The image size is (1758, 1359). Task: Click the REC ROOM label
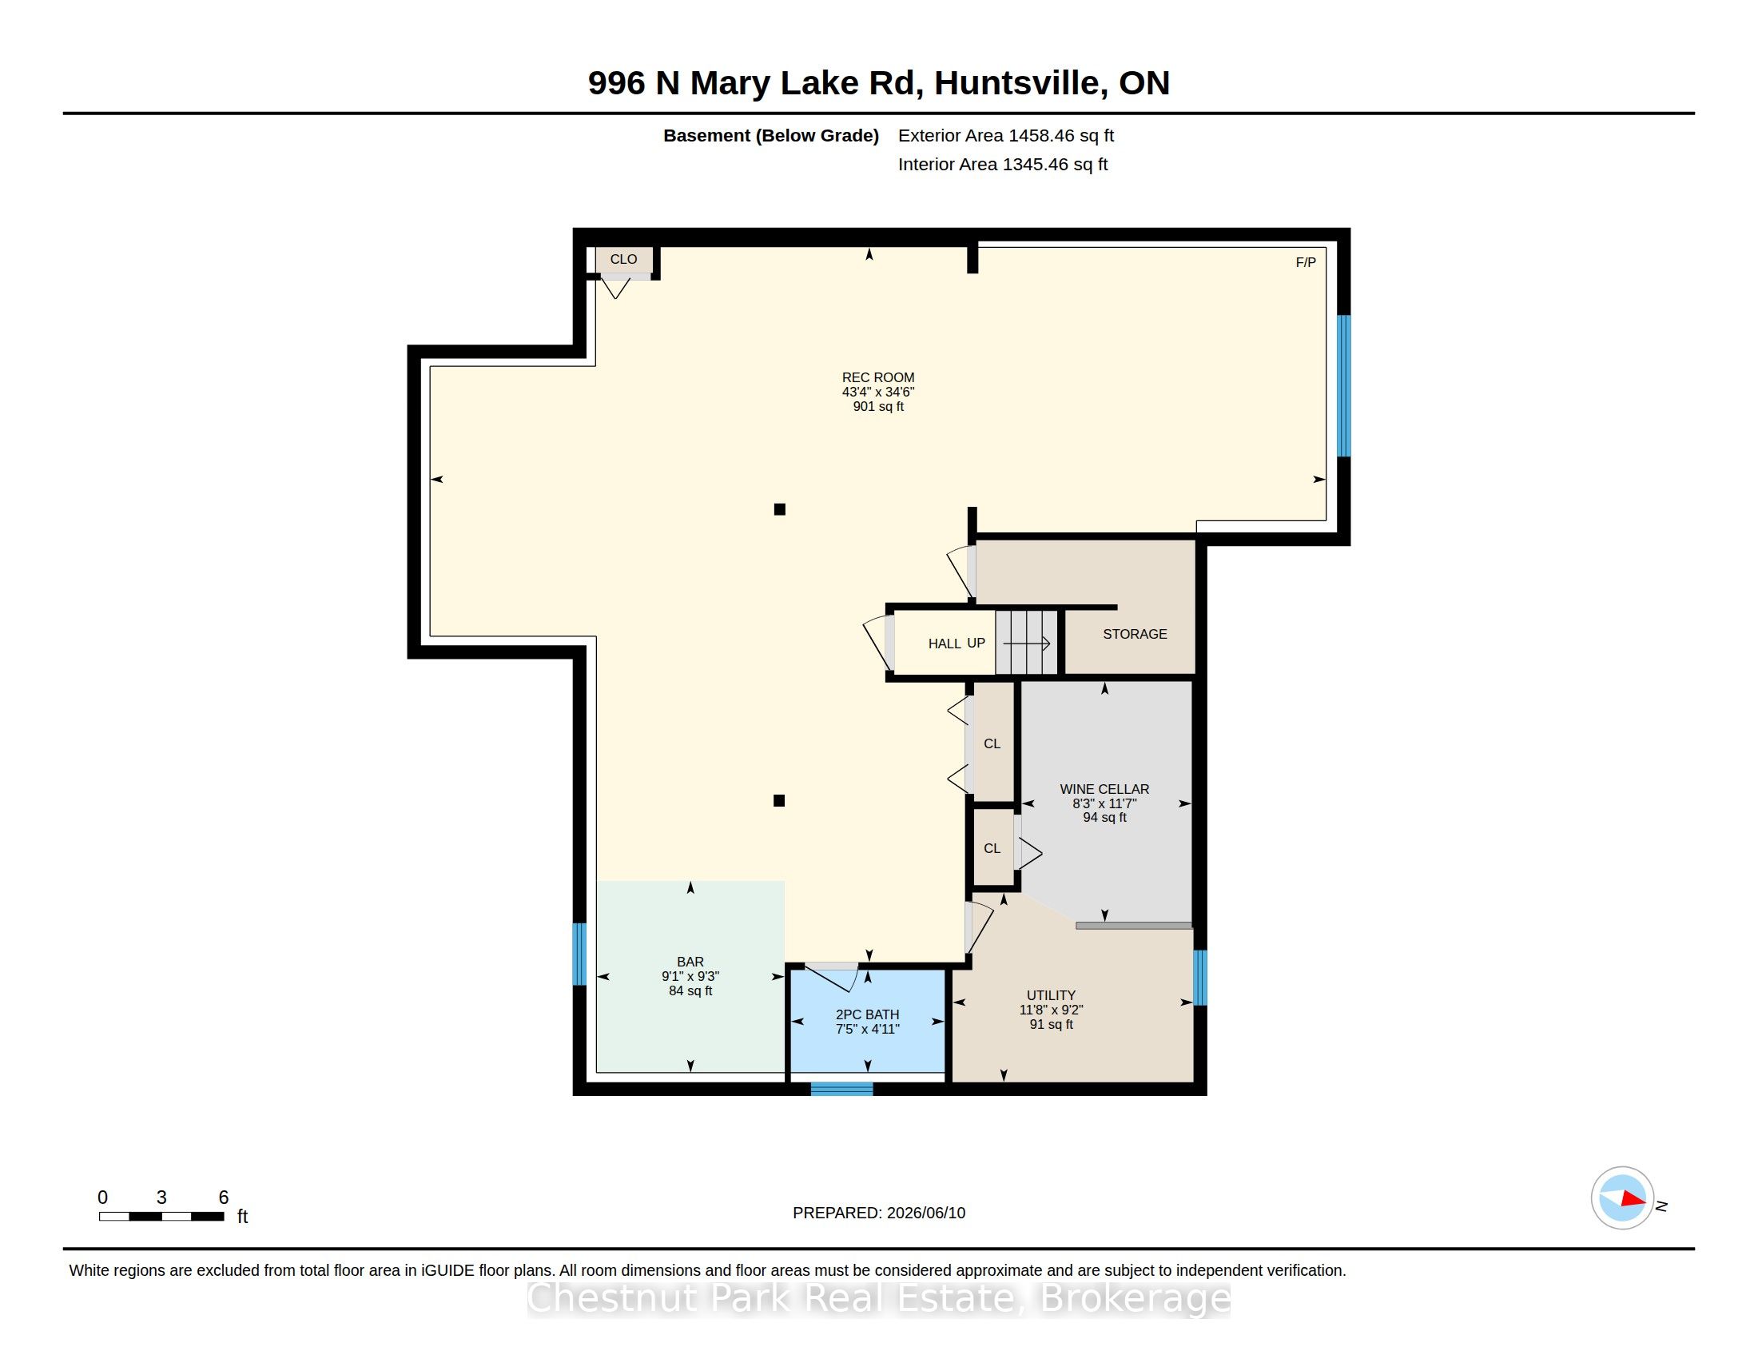[x=878, y=377]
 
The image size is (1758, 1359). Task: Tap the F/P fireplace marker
[x=1306, y=262]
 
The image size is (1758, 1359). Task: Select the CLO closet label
[x=624, y=259]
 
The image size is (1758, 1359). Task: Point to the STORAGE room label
[x=1135, y=635]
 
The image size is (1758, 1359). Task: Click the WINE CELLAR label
[x=1104, y=790]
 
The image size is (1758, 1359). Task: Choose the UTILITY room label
[x=1052, y=996]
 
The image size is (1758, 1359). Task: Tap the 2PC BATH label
[x=868, y=1015]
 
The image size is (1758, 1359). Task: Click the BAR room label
[x=690, y=962]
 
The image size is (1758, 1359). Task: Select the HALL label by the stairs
[x=945, y=644]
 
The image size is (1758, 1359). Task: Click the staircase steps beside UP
[x=1026, y=643]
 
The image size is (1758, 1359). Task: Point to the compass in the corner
[x=1622, y=1198]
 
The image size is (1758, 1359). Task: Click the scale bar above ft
[x=161, y=1217]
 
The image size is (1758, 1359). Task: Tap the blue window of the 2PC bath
[x=842, y=1090]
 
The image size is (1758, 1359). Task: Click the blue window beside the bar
[x=579, y=954]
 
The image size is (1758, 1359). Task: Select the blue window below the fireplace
[x=1343, y=386]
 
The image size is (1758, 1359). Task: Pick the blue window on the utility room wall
[x=1200, y=978]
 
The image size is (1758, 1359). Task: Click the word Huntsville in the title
[x=1020, y=83]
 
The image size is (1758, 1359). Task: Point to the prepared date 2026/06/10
[x=925, y=1214]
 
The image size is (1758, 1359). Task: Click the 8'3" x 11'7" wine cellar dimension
[x=1104, y=803]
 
